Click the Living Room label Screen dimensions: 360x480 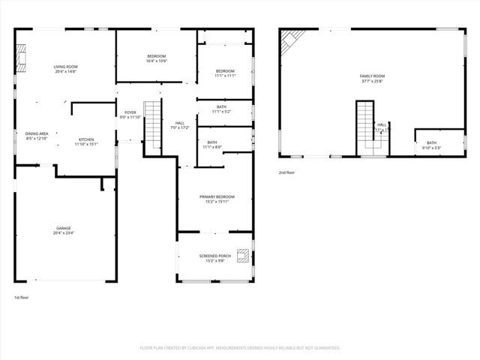(65, 70)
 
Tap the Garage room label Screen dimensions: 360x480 (64, 230)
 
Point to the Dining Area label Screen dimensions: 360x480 (37, 136)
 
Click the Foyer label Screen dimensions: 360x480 (130, 115)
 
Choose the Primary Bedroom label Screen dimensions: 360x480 (214, 199)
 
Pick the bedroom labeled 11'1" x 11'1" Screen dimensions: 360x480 (225, 73)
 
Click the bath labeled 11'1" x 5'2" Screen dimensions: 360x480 (221, 109)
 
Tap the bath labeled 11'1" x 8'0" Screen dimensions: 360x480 (212, 145)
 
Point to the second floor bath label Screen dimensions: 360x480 (432, 145)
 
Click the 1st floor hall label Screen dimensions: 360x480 (180, 125)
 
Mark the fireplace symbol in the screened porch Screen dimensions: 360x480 (243, 256)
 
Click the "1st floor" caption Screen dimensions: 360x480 (21, 298)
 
